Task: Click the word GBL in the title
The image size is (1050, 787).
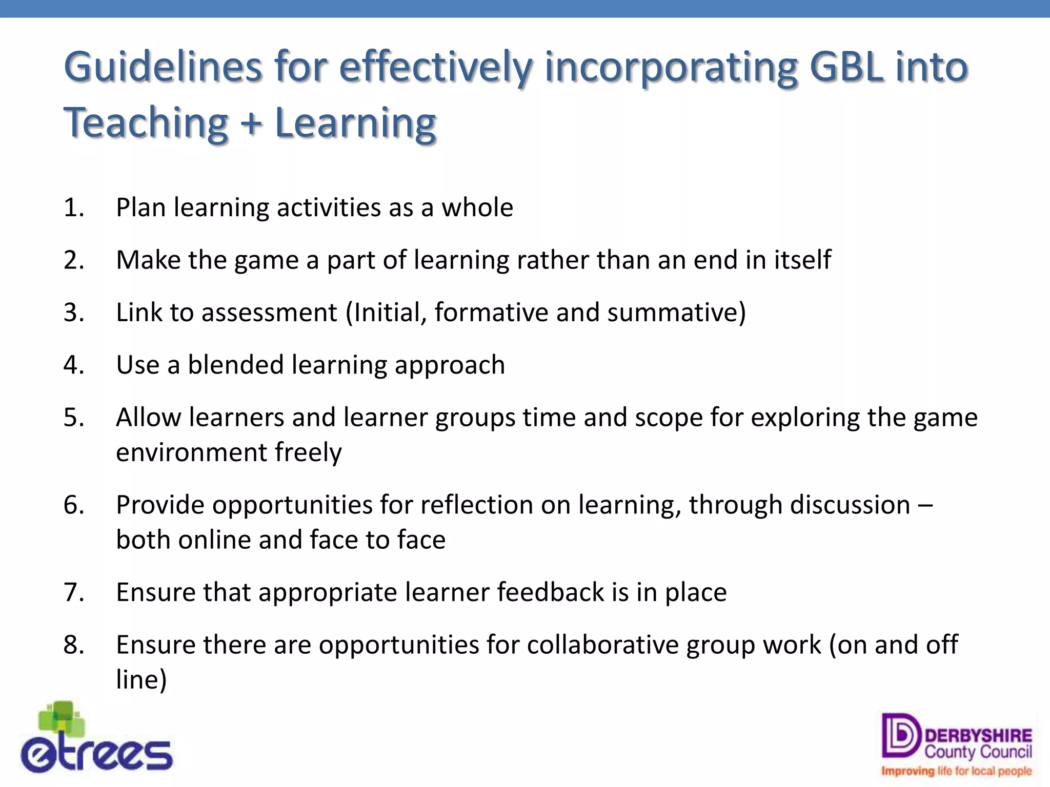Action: pyautogui.click(x=846, y=68)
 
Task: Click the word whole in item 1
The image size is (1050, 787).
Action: pyautogui.click(x=477, y=208)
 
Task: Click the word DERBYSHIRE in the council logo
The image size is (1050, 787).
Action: pyautogui.click(x=978, y=736)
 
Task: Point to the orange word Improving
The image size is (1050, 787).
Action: pyautogui.click(x=907, y=771)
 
